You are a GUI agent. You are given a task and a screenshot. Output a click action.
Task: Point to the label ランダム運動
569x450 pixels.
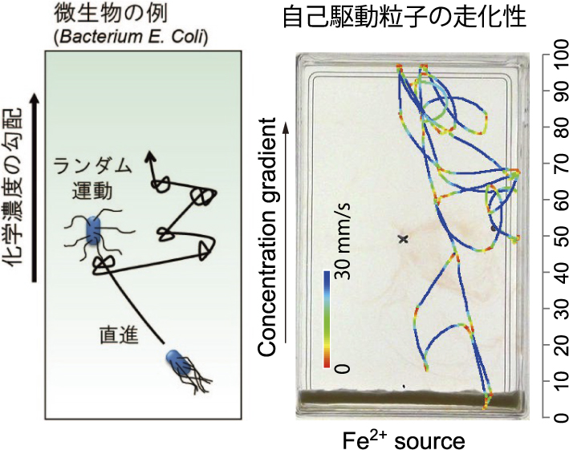(x=91, y=178)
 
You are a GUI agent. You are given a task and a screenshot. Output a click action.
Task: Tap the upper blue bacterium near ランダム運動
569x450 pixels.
(x=94, y=232)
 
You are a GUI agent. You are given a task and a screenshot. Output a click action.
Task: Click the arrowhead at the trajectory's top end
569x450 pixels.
(x=149, y=157)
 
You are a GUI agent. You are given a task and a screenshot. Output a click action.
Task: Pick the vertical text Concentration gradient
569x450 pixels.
(x=269, y=239)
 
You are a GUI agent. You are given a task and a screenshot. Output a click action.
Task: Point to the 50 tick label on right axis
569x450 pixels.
(x=552, y=237)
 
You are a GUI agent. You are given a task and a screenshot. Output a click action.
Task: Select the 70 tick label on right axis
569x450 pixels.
(x=552, y=165)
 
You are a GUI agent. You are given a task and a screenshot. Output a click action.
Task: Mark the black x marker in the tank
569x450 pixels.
(x=403, y=239)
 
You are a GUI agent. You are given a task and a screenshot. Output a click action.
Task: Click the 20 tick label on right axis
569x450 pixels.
(x=552, y=346)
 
